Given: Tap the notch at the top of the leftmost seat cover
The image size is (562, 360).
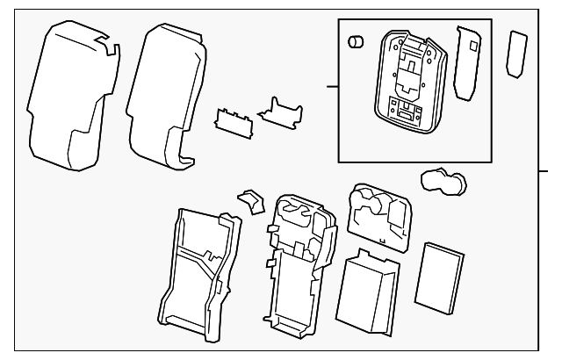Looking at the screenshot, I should tap(104, 40).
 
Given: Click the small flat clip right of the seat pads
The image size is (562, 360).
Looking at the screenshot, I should tap(229, 120).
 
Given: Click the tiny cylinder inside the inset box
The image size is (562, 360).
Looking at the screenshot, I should tap(357, 43).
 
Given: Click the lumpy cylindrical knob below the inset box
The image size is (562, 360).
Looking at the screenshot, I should tap(443, 182).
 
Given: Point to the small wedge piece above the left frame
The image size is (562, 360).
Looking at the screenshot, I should tap(251, 201).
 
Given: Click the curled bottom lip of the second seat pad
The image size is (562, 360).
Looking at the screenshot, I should tap(184, 161).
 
